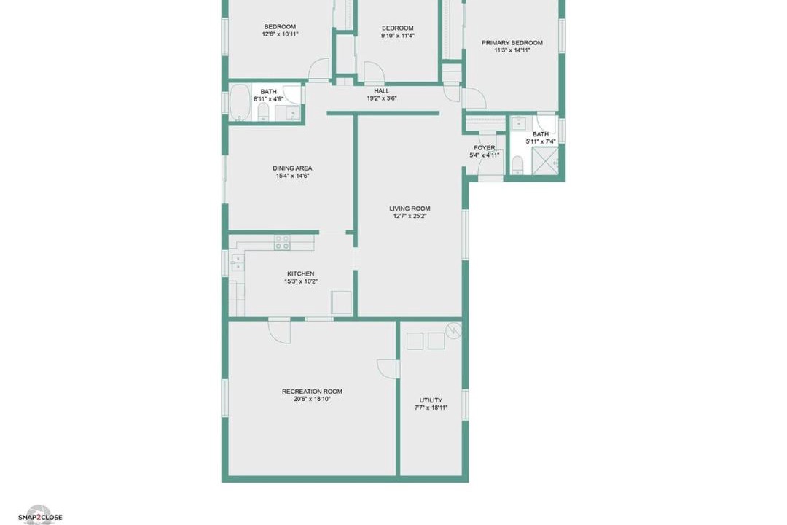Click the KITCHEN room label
301,274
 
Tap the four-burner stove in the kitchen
282,243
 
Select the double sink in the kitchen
238,262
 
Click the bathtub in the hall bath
240,103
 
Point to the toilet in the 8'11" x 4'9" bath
263,112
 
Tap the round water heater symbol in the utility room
454,330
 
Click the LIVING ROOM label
410,209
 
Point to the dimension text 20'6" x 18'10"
312,399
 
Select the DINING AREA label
292,168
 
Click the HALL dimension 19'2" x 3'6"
381,98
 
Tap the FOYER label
485,148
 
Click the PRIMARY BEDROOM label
512,43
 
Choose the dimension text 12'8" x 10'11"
280,34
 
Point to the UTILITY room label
431,400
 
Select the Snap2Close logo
40,516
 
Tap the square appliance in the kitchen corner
341,301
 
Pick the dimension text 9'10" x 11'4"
398,36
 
